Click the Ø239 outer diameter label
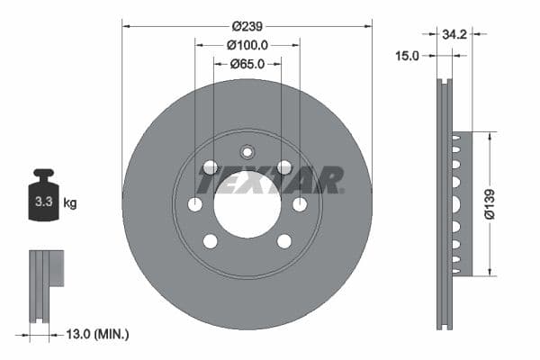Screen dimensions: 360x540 tap(247, 25)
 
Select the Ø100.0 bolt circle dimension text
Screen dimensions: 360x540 tap(247, 44)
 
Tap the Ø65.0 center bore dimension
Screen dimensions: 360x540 tap(247, 63)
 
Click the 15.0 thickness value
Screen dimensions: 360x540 tap(407, 56)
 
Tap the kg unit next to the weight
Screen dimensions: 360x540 tap(71, 203)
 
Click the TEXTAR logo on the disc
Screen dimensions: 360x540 tap(270, 179)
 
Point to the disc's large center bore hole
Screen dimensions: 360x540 tap(247, 204)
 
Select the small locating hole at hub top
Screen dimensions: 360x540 tap(247, 151)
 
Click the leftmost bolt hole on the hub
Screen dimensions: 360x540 tap(195, 204)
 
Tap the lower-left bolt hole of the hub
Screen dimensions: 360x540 tap(211, 241)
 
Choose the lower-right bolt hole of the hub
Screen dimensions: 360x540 tap(284, 241)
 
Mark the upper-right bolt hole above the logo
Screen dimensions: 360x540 tap(284, 166)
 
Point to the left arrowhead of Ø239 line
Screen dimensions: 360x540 tap(126, 25)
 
